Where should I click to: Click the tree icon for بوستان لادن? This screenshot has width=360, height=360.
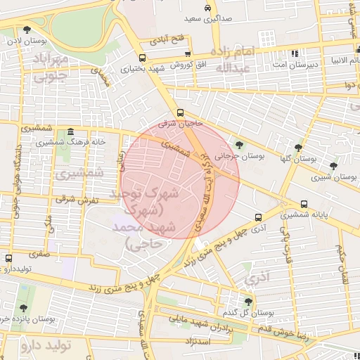27,30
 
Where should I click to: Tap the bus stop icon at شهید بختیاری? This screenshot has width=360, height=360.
142,58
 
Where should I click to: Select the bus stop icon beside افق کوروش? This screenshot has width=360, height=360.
188,53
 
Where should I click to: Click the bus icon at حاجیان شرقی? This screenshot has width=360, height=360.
181,112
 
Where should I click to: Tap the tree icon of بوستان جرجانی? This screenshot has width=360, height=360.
240,146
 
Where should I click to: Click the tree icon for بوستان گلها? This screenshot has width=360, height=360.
299,148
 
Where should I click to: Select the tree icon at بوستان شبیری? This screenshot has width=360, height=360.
333,166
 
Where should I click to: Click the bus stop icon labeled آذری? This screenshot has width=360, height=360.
258,217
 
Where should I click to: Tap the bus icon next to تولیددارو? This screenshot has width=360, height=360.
8,258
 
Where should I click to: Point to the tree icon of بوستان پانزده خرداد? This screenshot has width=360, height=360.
23,308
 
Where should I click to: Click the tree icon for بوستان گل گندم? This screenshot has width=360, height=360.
248,301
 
